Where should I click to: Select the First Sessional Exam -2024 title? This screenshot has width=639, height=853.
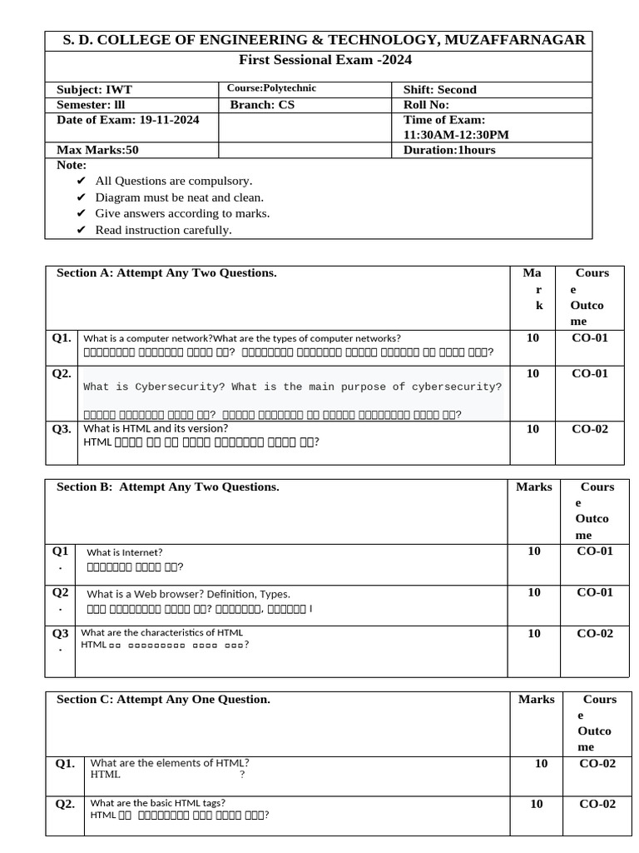click(x=325, y=60)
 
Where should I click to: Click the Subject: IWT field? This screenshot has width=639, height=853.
click(x=94, y=89)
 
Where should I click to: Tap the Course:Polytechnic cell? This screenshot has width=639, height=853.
click(x=271, y=88)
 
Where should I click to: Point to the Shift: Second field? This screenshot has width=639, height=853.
click(x=440, y=89)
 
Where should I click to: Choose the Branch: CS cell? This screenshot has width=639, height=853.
click(x=262, y=105)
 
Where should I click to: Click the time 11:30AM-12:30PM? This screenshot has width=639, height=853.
click(x=456, y=134)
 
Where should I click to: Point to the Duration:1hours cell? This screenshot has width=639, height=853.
click(x=449, y=150)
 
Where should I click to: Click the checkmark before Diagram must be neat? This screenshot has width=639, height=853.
click(x=81, y=197)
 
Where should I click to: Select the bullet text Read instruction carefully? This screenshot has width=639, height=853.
click(x=163, y=230)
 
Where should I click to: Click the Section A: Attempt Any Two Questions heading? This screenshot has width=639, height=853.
click(x=166, y=273)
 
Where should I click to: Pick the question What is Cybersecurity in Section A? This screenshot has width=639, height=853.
click(x=293, y=387)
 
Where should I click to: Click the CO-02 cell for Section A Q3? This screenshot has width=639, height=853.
click(x=590, y=429)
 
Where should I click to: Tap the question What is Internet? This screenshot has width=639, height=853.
click(x=125, y=551)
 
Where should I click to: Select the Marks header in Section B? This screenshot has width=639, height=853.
click(x=533, y=486)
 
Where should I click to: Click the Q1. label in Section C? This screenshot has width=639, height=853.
click(x=65, y=763)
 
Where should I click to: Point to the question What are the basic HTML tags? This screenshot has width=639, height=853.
click(x=158, y=803)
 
